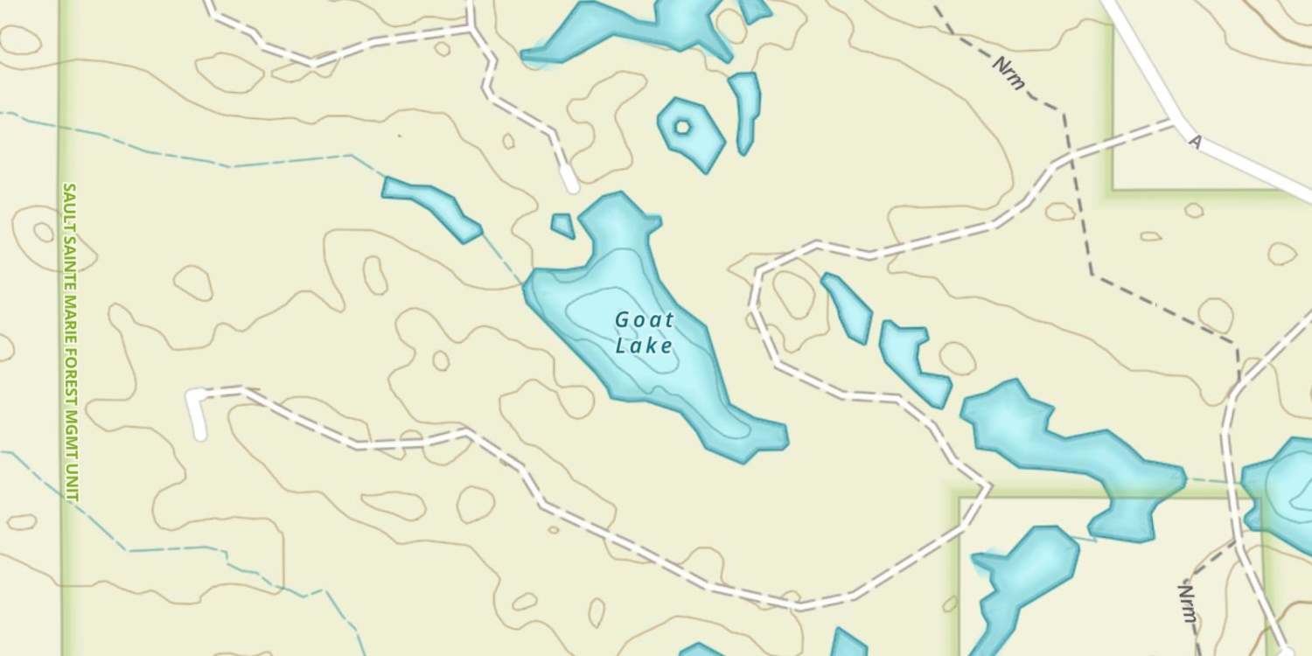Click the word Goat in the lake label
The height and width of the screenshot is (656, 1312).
click(x=644, y=320)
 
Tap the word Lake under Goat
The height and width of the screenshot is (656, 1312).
click(x=644, y=346)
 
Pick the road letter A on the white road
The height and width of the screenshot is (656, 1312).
click(x=1195, y=142)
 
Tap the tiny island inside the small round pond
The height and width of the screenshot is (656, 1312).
click(x=682, y=128)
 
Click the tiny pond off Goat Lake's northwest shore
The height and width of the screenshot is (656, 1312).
click(x=563, y=226)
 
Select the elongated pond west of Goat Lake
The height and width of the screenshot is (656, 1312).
click(x=433, y=206)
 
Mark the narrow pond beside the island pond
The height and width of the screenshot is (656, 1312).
click(x=745, y=109)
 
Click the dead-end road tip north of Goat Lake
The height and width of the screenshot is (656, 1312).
click(x=570, y=184)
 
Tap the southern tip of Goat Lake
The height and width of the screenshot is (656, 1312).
click(x=743, y=455)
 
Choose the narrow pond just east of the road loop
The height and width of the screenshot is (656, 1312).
click(x=847, y=308)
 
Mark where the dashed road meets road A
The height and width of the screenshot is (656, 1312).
click(x=1172, y=123)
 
